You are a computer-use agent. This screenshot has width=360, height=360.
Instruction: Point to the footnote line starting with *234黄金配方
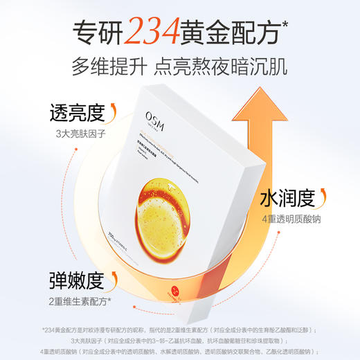pyautogui.click(x=179, y=330)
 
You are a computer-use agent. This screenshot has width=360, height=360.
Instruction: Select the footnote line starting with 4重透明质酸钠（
pyautogui.click(x=179, y=351)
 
